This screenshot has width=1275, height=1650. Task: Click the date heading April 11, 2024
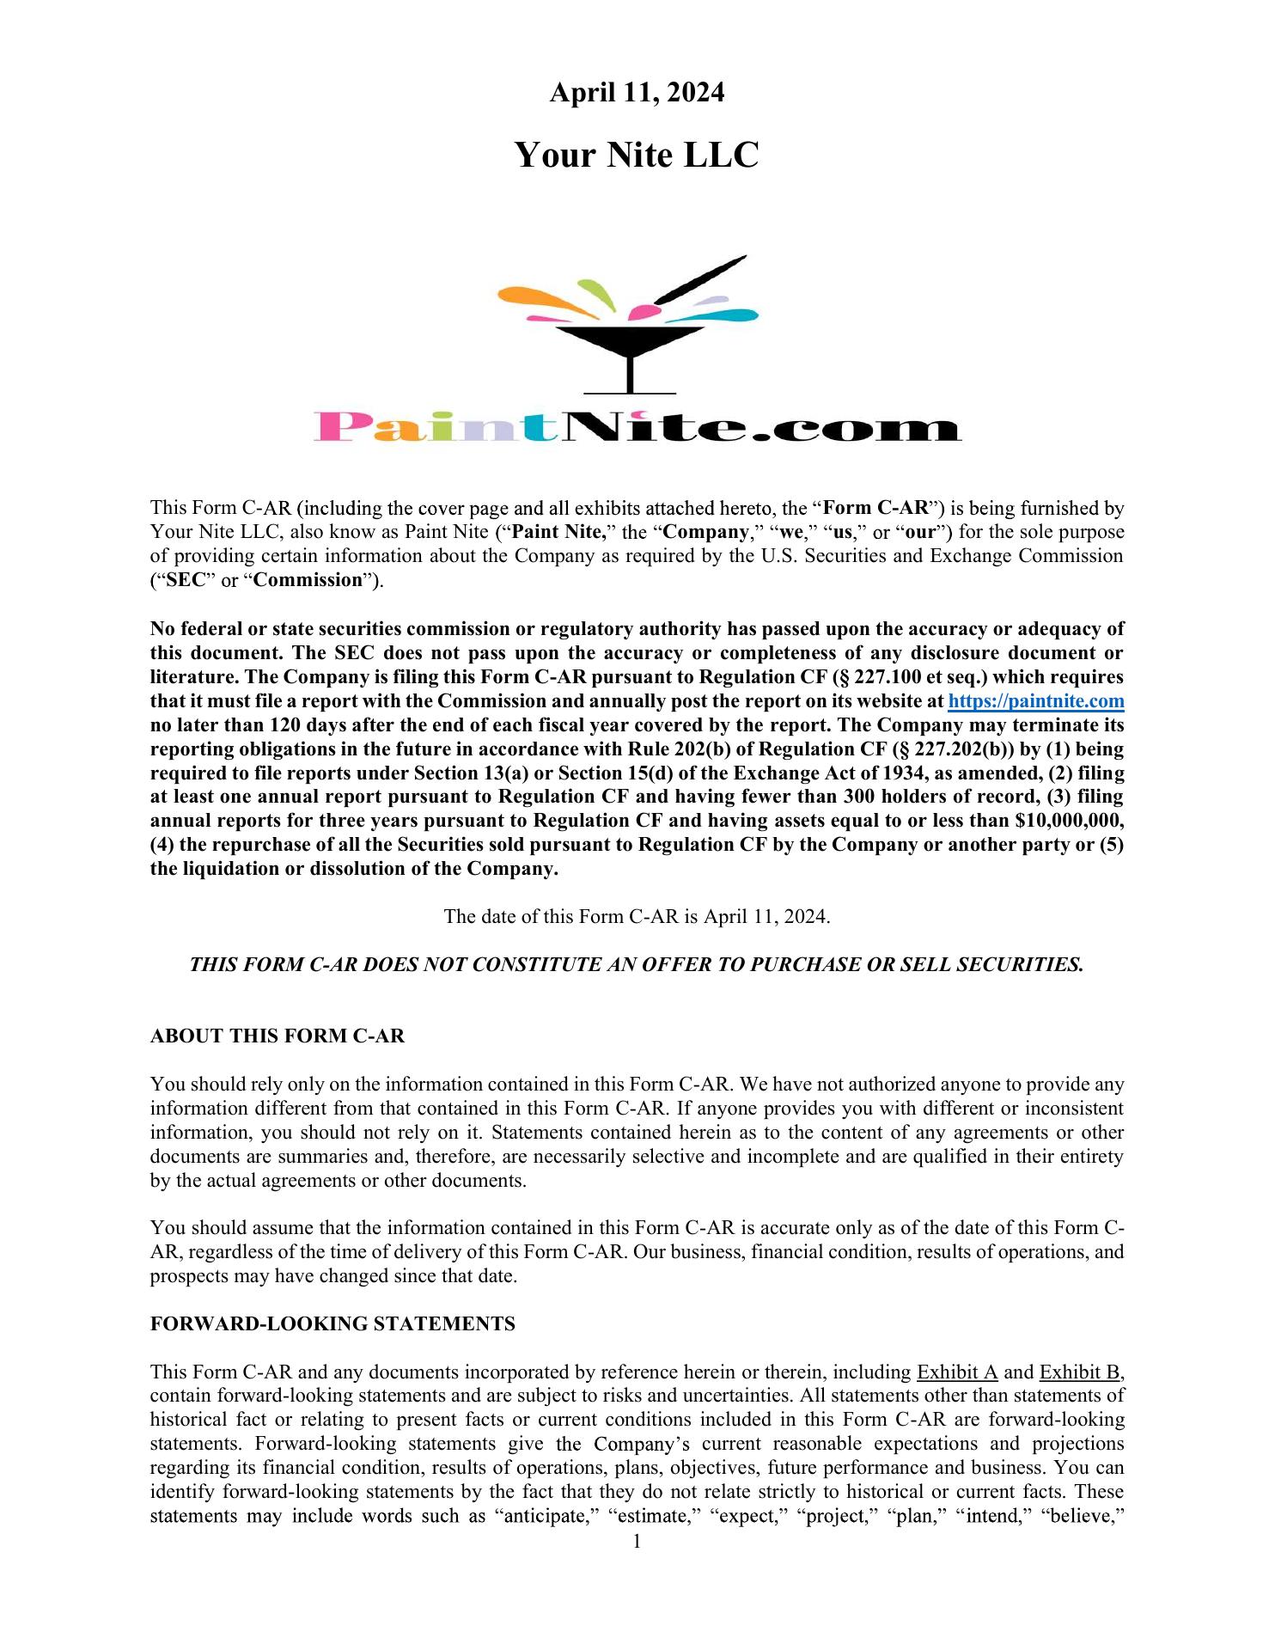pyautogui.click(x=637, y=93)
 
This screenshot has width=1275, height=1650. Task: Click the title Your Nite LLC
pyautogui.click(x=637, y=156)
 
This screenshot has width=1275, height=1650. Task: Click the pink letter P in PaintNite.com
pyautogui.click(x=340, y=427)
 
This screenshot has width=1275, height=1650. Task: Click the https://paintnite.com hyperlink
pyautogui.click(x=1035, y=701)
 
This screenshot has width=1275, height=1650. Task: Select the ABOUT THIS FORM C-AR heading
pyautogui.click(x=278, y=1036)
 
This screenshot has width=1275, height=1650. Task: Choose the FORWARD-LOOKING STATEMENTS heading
pyautogui.click(x=332, y=1324)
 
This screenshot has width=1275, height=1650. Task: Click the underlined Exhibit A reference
pyautogui.click(x=957, y=1372)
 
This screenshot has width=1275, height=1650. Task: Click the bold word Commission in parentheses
pyautogui.click(x=308, y=580)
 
